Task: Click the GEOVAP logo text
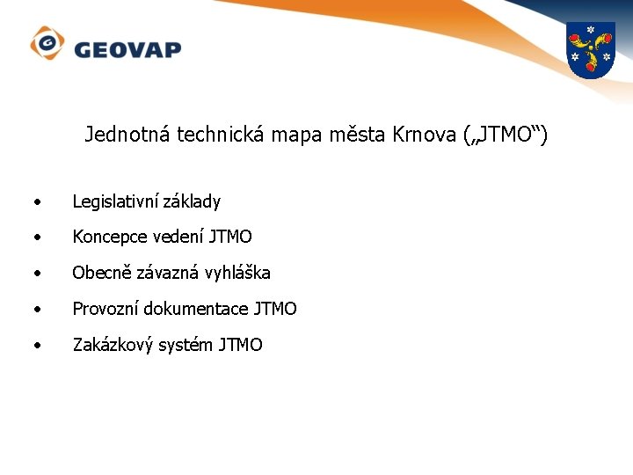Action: [x=127, y=48]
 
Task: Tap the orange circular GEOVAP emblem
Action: [x=47, y=43]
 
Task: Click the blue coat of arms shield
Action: [x=589, y=51]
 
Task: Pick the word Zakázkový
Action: [x=113, y=345]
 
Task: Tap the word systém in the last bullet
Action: [x=185, y=345]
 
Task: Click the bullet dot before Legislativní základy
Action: [x=35, y=202]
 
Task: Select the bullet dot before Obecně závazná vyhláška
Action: [x=35, y=274]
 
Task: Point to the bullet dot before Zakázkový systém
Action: [x=35, y=346]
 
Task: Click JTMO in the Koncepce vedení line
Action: [x=230, y=237]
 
